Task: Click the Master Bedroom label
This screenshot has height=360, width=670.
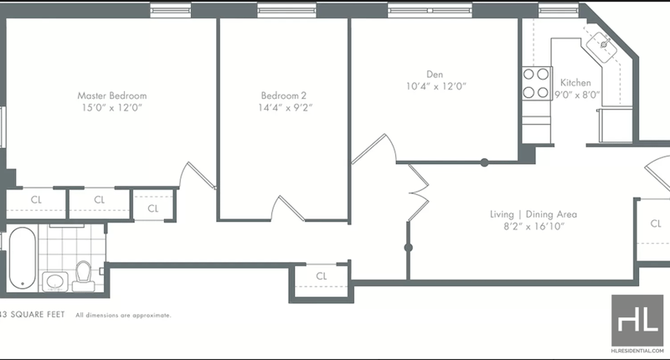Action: coord(112,95)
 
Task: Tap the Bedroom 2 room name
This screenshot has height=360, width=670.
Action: coord(284,95)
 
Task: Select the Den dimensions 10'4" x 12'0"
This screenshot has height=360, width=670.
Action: coord(435,86)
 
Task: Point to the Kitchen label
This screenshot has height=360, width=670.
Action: coord(575,83)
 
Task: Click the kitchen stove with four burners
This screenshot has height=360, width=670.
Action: coord(536,83)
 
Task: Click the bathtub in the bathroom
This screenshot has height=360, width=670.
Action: coord(23,258)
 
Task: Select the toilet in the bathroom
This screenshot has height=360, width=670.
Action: coord(83,276)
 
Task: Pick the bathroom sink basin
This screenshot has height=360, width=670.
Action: coord(54,282)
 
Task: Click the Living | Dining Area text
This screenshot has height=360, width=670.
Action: coord(533,214)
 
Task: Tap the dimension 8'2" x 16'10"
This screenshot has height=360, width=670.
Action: coord(533,226)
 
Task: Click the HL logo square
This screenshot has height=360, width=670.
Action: coord(637,321)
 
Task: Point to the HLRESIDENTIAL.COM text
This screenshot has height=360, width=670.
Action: coord(637,351)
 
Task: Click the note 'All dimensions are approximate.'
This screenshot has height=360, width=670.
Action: coord(123,316)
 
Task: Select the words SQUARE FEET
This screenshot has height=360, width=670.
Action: coord(38,315)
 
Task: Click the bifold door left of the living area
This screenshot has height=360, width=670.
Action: coord(418,193)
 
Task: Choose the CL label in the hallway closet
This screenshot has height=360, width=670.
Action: coord(322,276)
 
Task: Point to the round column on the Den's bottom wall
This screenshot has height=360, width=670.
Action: coord(484,162)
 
